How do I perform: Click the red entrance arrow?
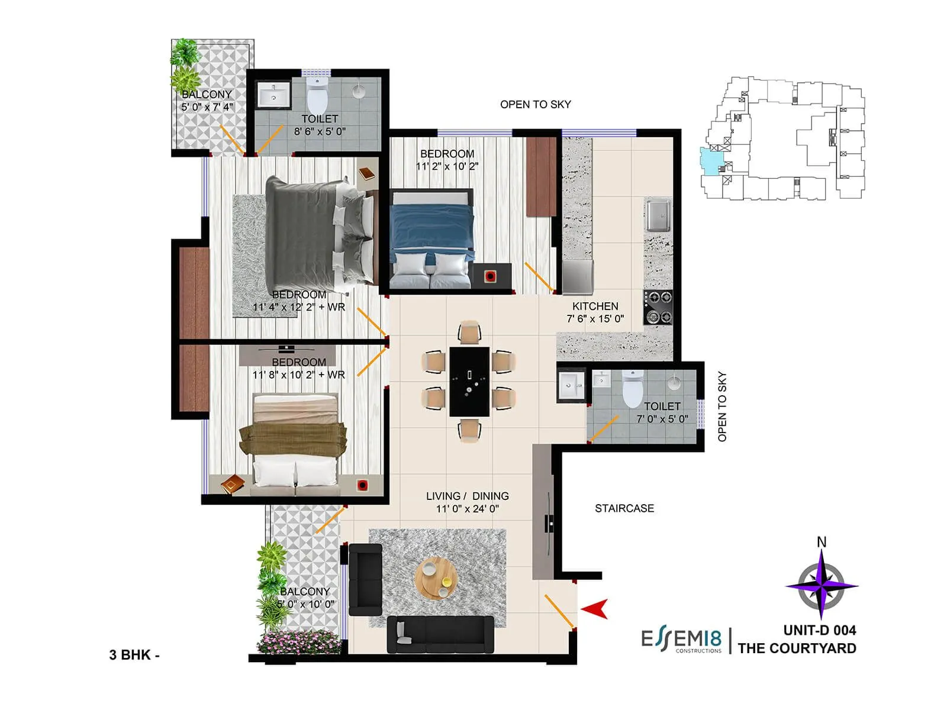tap(595, 609)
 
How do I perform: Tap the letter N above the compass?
tap(822, 542)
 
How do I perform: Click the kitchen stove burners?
tap(658, 307)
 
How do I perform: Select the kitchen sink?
tap(658, 215)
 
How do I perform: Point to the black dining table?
tap(469, 382)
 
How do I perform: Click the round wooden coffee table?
tap(436, 577)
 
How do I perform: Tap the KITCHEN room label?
tap(595, 306)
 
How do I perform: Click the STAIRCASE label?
tap(624, 508)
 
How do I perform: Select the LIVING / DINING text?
tap(467, 496)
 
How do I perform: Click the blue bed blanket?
tap(432, 228)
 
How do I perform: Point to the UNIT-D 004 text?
tap(820, 631)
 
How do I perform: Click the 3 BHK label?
tap(134, 655)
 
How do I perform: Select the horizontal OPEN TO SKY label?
tap(535, 105)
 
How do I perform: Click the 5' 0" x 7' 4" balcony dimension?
tap(207, 107)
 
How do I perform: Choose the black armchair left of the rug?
tap(365, 580)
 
